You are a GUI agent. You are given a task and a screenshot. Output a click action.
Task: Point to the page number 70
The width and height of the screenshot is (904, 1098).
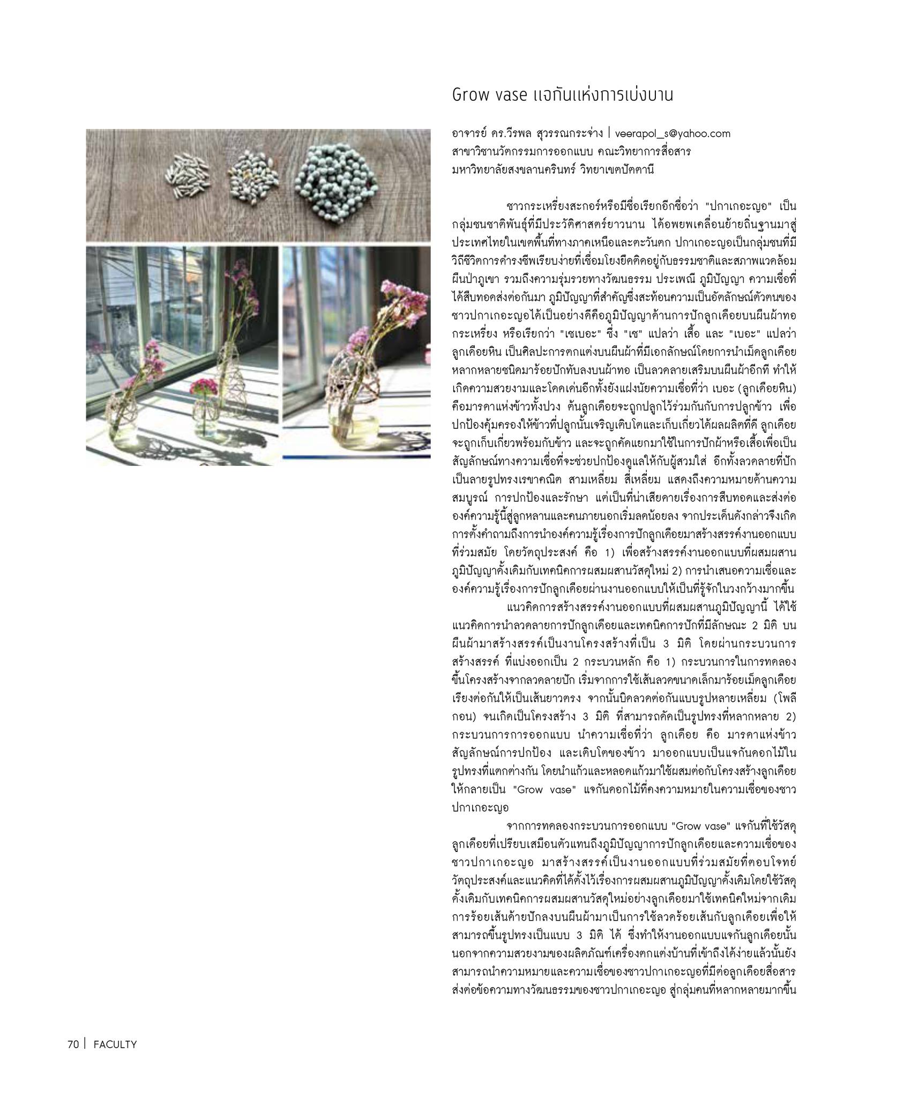tap(73, 1044)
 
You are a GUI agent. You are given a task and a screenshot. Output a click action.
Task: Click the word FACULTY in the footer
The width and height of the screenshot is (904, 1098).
tap(115, 1044)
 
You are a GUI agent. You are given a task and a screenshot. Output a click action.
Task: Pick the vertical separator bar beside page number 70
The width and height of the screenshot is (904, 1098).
tap(85, 1044)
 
